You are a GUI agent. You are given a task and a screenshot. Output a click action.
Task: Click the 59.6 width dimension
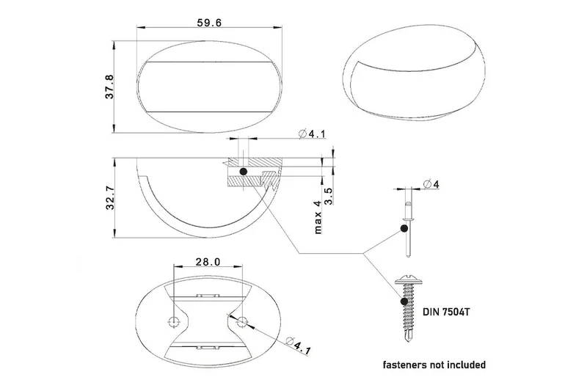point(210,23)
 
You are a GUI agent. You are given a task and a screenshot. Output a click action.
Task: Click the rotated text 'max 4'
point(318,217)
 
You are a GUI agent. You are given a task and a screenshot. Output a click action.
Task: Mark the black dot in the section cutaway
point(243,172)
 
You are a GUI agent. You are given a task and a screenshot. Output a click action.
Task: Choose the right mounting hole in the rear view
point(242,320)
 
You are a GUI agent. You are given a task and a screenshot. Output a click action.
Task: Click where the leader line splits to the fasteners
point(363,255)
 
